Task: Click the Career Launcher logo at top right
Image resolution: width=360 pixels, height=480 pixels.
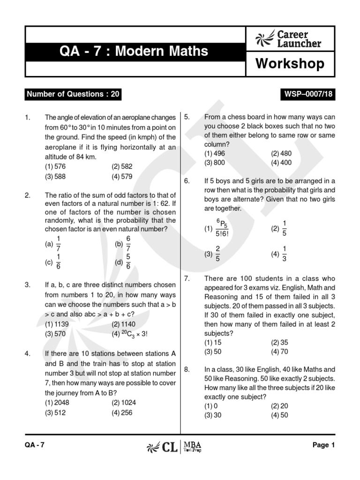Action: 289,39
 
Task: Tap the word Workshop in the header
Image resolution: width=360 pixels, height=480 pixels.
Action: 290,64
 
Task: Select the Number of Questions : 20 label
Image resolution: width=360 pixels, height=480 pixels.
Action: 74,94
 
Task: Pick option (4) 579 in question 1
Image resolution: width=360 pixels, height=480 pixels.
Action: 122,177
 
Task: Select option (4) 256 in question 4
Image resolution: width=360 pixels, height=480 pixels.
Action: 122,413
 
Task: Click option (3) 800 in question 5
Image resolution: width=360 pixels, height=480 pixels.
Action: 215,163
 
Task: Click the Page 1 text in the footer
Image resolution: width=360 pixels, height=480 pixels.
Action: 323,446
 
